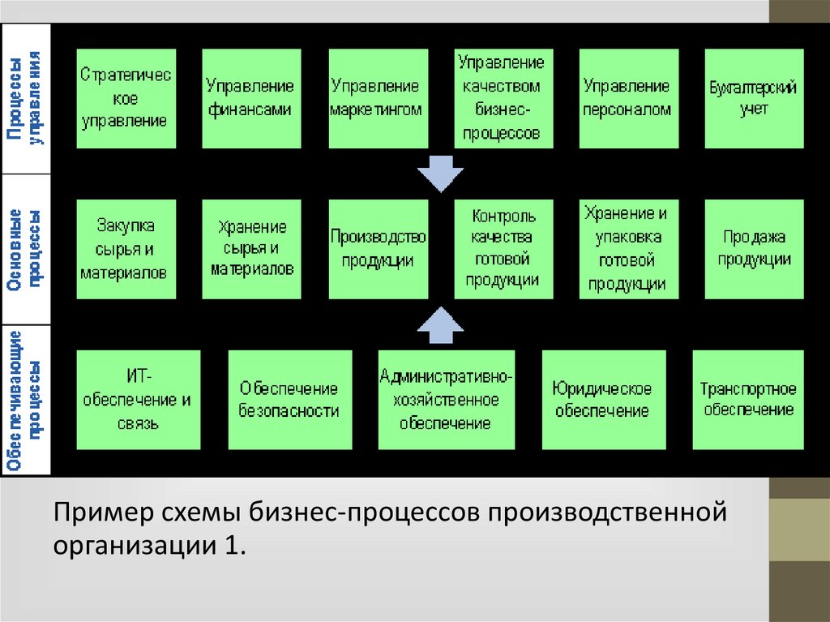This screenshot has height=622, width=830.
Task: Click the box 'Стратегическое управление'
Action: coord(125,98)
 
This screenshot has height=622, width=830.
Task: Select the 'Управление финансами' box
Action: coord(250,98)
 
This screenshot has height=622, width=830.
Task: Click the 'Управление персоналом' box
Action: coord(627,98)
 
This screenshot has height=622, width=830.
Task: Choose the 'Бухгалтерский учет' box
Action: coord(754,98)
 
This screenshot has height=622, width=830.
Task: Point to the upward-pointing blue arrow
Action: coord(439,322)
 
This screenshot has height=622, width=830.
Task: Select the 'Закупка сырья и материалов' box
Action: coord(125,249)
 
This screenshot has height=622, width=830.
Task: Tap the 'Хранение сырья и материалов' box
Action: coord(250,249)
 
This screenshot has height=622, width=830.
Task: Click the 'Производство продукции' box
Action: coord(377,249)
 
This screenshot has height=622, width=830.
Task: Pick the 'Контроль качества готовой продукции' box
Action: coord(503,249)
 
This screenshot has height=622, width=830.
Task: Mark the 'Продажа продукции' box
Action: coord(755,249)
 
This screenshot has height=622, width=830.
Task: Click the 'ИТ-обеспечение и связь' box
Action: coord(139,400)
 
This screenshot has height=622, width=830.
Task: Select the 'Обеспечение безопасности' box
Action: coord(289,400)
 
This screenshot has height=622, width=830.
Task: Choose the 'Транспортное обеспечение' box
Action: coord(748,400)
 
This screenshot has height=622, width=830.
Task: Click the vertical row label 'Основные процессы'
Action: coord(26,249)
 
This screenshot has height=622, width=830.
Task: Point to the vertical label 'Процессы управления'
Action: coord(26,98)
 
